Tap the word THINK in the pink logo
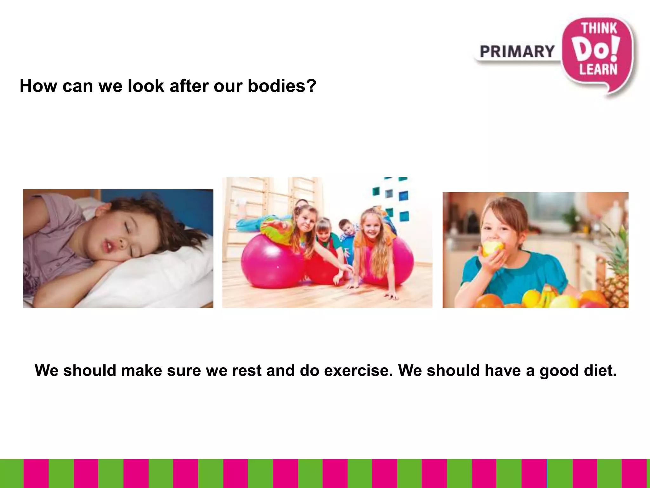[x=599, y=29]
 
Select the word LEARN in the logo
[x=598, y=69]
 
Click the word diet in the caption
[x=600, y=370]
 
